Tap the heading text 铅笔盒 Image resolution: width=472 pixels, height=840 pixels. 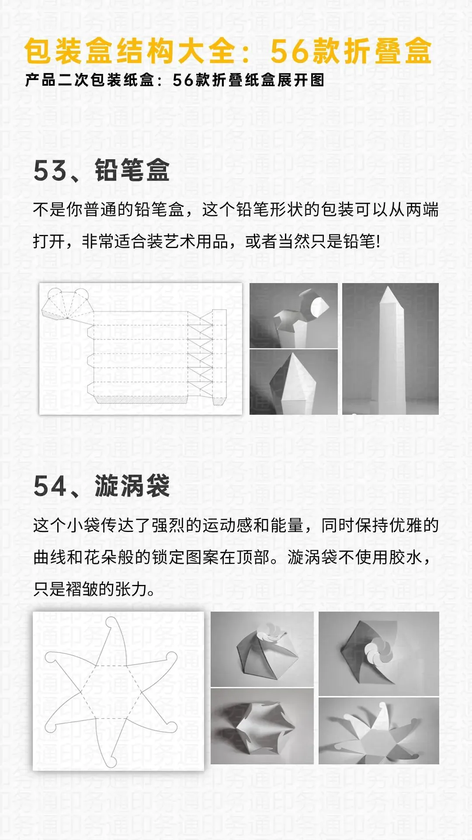pos(132,170)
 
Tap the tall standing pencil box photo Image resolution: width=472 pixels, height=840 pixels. pos(390,348)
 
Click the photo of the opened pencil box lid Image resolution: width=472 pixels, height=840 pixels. pos(293,315)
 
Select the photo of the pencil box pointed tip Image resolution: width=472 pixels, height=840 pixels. pos(293,381)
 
